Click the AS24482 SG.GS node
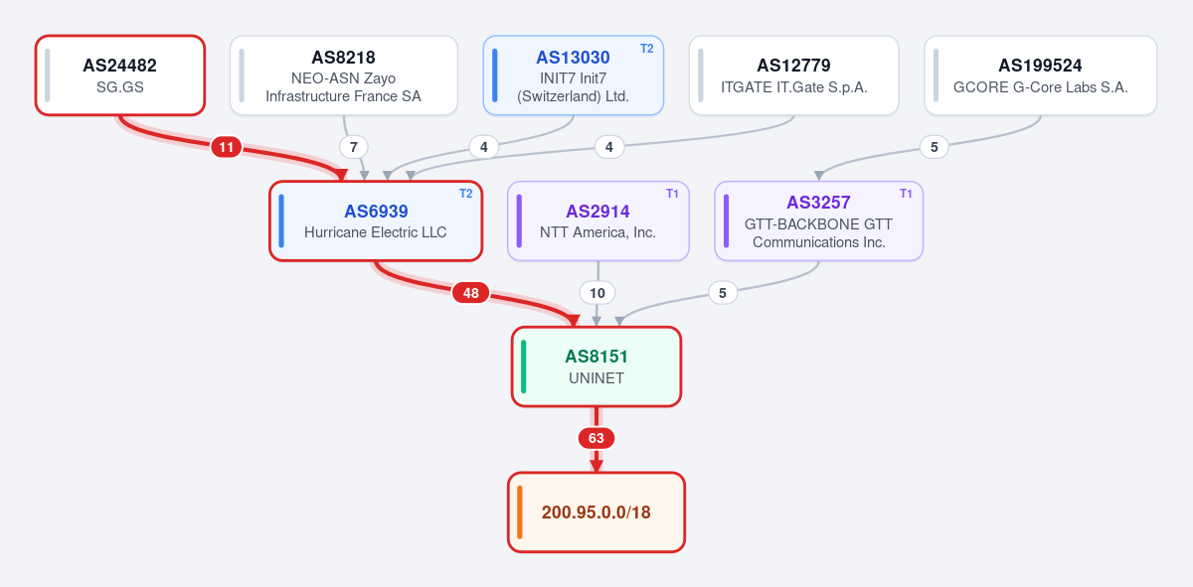tap(120, 75)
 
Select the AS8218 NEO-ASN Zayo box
tap(344, 75)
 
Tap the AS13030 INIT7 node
tap(573, 75)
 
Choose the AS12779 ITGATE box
tap(793, 75)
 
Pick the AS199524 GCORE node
tap(1041, 75)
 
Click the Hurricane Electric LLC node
tap(376, 220)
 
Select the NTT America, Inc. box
tap(598, 220)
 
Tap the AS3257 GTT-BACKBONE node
tap(818, 220)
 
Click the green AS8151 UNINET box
tap(596, 367)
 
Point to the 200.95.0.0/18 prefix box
tap(596, 512)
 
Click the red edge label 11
tap(227, 147)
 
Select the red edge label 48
tap(471, 293)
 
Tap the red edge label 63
tap(596, 438)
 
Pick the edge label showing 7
tap(354, 147)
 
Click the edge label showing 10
tap(597, 293)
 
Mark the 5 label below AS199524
tap(935, 147)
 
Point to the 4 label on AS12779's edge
tap(609, 147)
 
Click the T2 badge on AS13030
tap(646, 49)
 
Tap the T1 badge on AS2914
tap(672, 194)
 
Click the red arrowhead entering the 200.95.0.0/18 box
tap(596, 466)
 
